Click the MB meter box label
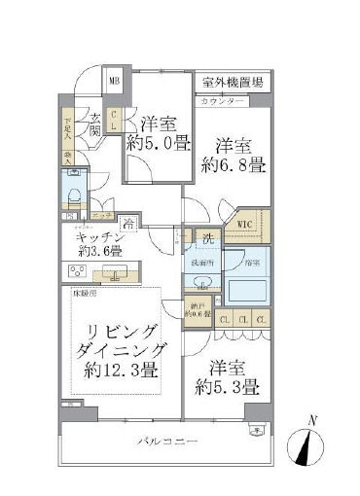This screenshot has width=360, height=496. point(114,83)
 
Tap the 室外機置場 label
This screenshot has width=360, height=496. point(233,83)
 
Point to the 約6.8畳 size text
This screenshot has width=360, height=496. point(234,165)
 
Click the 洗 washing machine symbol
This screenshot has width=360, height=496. point(208,237)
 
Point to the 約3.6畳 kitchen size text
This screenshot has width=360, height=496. point(101,250)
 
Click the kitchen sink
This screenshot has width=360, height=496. point(115,274)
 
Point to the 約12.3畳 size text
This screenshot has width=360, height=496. point(122,369)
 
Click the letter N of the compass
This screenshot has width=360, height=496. point(311,419)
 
